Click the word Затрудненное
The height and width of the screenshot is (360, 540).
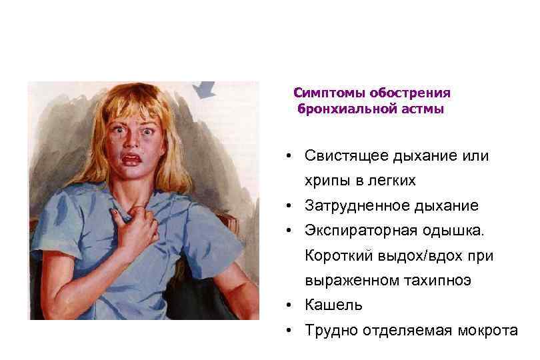tap(354, 206)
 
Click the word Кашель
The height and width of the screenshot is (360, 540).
tap(333, 305)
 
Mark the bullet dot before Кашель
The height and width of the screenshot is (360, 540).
tap(285, 305)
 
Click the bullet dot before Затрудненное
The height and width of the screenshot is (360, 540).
tap(285, 206)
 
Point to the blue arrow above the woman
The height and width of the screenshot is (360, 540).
tap(202, 89)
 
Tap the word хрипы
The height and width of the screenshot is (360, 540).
tap(325, 181)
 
